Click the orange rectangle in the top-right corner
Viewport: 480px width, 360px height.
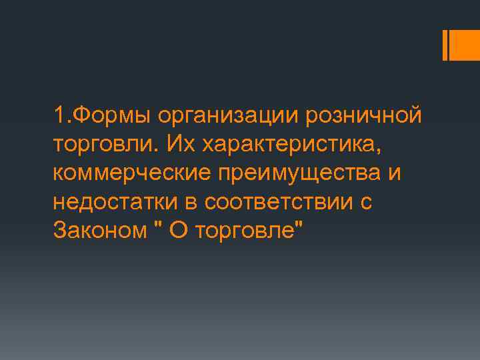(x=465, y=45)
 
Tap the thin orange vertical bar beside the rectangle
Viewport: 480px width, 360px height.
(x=445, y=45)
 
